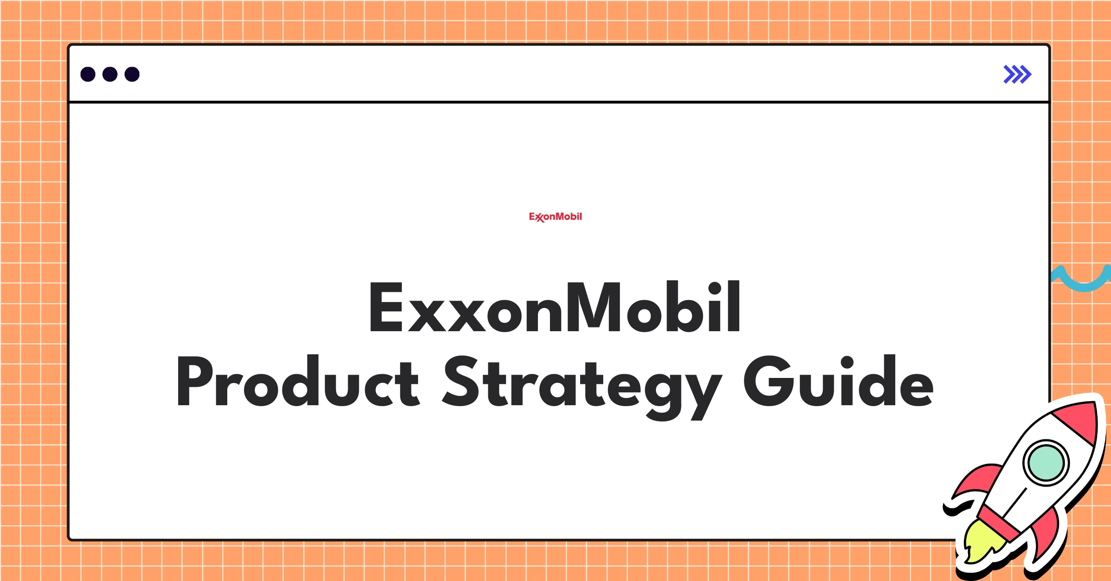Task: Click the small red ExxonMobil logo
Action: pos(555,216)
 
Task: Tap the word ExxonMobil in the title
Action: pos(555,307)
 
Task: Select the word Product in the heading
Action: pos(297,382)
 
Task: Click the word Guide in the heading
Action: pos(838,382)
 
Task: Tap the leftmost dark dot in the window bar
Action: pos(88,74)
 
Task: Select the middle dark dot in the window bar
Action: pos(110,74)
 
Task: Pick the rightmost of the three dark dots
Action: pos(132,74)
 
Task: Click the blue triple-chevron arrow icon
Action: pos(1017,74)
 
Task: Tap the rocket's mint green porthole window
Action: pos(1046,463)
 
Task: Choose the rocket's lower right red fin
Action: pos(1046,537)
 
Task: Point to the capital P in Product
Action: pos(194,382)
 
